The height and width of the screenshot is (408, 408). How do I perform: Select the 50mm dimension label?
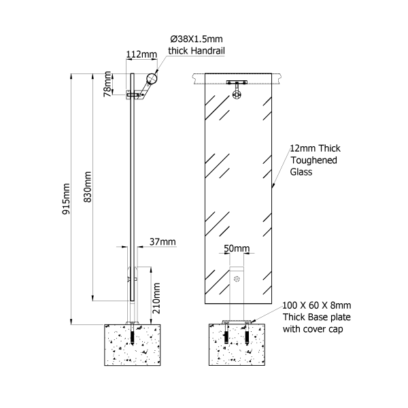pyautogui.click(x=237, y=249)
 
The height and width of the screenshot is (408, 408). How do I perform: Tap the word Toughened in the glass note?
pyautogui.click(x=313, y=160)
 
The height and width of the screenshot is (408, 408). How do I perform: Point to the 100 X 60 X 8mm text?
pyautogui.click(x=317, y=306)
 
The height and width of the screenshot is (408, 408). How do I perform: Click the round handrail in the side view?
pyautogui.click(x=154, y=79)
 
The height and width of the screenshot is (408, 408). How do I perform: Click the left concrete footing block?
pyautogui.click(x=133, y=345)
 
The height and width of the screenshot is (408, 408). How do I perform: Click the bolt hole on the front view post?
pyautogui.click(x=237, y=279)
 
